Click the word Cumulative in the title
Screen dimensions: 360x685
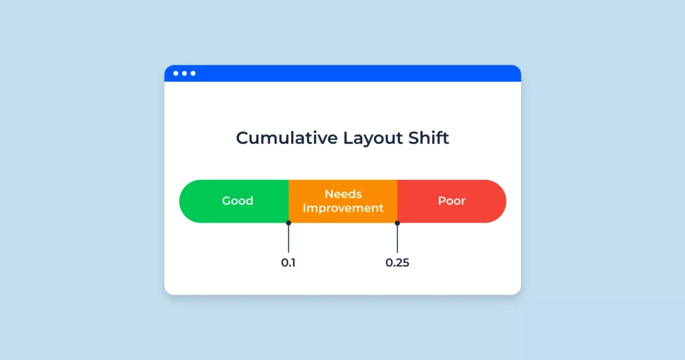[x=286, y=138]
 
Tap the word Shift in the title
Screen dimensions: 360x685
[x=429, y=138]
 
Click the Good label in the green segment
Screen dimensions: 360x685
[x=237, y=201]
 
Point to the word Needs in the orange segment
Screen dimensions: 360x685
[x=343, y=194]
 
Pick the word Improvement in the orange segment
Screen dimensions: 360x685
[x=343, y=208]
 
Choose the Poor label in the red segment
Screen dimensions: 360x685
[x=452, y=201]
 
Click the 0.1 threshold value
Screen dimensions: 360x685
[x=288, y=262]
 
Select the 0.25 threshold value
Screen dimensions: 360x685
[x=397, y=262]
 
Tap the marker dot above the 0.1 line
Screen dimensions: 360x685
[x=288, y=223]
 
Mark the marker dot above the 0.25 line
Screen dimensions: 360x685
[x=397, y=223]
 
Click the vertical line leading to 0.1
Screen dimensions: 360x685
[x=288, y=239]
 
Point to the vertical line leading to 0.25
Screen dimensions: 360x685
[x=397, y=239]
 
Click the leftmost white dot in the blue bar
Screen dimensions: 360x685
[x=177, y=73]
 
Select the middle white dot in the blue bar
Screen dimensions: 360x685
[x=185, y=73]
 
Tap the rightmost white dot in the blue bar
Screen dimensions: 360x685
[x=193, y=73]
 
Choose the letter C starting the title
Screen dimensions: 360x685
[x=243, y=138]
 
